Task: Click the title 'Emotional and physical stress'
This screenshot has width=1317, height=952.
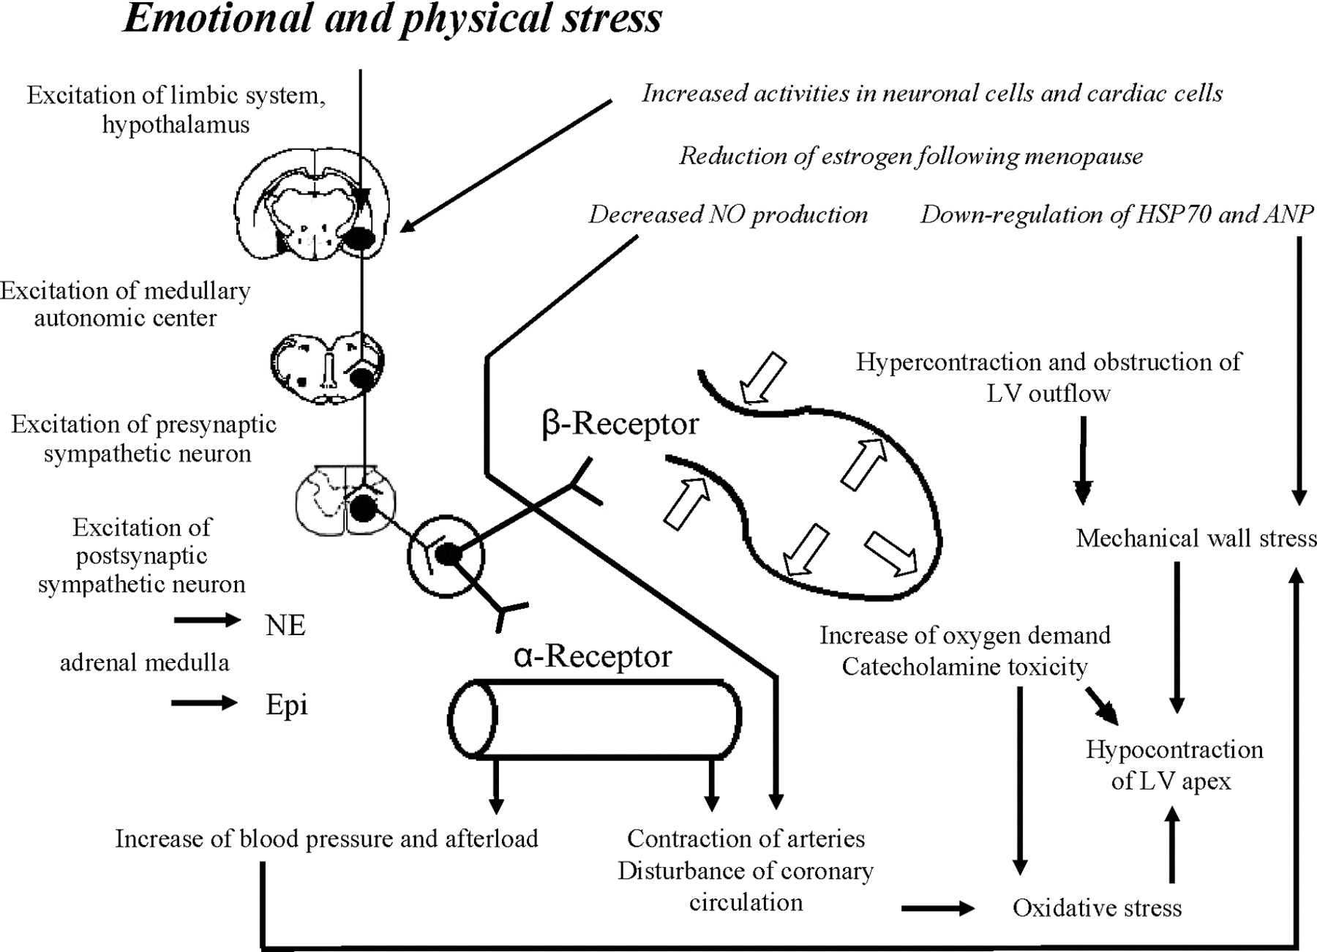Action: (x=392, y=19)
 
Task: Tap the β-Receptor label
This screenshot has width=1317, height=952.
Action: (x=620, y=424)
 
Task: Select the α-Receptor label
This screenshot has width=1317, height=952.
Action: (x=593, y=656)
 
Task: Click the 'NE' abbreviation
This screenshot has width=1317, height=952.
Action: (x=285, y=626)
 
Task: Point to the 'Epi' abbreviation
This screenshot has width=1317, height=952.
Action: (x=286, y=705)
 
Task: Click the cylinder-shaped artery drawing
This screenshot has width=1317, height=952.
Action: (x=594, y=721)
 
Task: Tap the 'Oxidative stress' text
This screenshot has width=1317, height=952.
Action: (x=1097, y=908)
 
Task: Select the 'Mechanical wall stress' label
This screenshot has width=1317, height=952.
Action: (x=1196, y=539)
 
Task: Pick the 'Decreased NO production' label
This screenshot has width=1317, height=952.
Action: (x=728, y=214)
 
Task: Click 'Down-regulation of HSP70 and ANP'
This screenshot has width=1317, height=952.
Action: (x=1117, y=214)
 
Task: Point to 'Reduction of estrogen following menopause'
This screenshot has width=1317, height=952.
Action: (x=911, y=156)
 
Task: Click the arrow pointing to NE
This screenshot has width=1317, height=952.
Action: (x=207, y=621)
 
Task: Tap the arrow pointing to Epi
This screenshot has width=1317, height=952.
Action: (x=205, y=703)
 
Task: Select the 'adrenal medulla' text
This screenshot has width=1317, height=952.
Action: (x=144, y=663)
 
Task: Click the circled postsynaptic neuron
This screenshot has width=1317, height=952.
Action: (x=446, y=556)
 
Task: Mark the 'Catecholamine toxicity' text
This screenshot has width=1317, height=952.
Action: (x=964, y=667)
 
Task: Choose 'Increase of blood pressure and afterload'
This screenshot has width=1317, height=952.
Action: (x=326, y=839)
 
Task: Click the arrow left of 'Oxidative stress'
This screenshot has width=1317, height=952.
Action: (x=938, y=909)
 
